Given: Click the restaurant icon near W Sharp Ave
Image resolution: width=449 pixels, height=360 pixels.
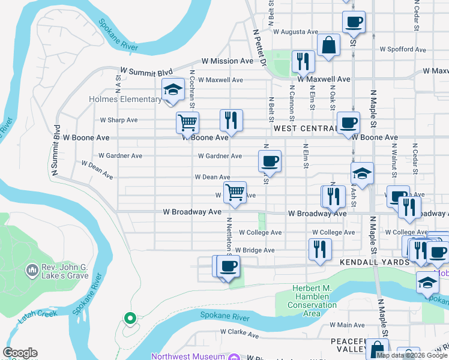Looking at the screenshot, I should point(231,120).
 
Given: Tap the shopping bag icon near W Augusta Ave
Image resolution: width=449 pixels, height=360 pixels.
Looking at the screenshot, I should point(329,45).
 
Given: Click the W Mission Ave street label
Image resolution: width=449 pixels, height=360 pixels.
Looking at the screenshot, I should point(228,61).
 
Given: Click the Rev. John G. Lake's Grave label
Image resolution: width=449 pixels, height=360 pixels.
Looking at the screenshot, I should point(65,272).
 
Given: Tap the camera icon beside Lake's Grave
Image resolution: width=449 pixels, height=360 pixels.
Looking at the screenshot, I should point(32,271).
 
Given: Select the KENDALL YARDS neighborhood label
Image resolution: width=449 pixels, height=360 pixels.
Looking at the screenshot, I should point(366,262).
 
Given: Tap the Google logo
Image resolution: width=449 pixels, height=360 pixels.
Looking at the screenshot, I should point(20,353).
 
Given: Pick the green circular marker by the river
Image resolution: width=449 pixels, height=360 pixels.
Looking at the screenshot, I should point(128,318).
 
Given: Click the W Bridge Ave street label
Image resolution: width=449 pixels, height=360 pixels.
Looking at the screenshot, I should point(255,250).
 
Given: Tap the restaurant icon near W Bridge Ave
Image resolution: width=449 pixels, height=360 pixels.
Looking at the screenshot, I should point(319,249).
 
